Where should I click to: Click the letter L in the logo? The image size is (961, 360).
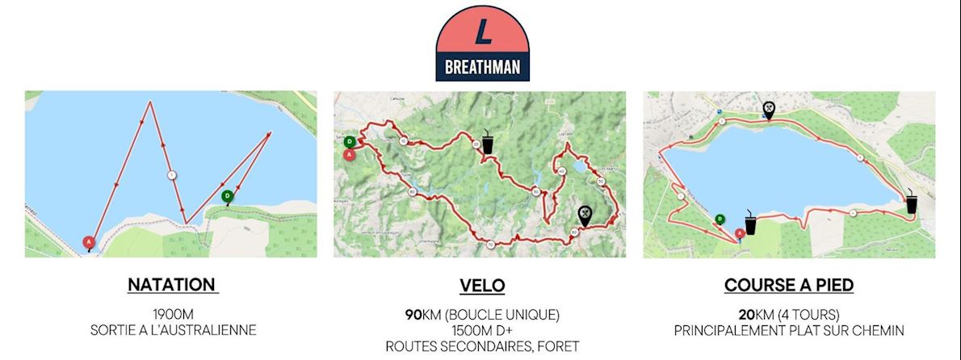[x=483, y=31]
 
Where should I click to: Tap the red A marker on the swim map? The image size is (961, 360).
[x=89, y=241]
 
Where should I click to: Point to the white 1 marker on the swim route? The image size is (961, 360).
[x=171, y=174]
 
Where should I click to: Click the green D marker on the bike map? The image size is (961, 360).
[x=349, y=141]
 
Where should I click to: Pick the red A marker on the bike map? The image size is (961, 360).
[x=349, y=154]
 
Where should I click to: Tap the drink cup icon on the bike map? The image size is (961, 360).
[x=488, y=140]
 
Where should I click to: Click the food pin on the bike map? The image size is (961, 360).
[x=585, y=214]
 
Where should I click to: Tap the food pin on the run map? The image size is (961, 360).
[x=769, y=108]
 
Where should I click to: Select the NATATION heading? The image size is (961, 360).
[x=171, y=285]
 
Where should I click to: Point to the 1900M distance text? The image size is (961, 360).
[x=171, y=314]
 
